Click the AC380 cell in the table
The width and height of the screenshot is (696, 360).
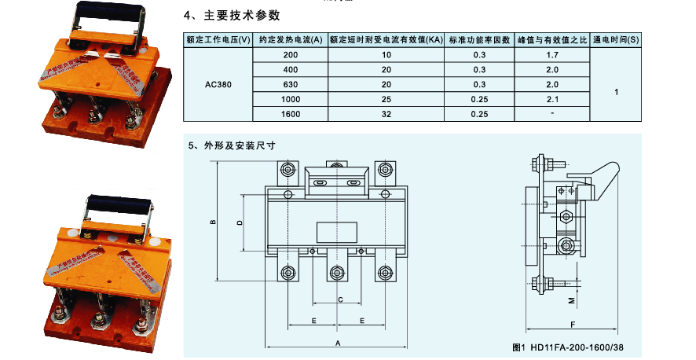pyautogui.click(x=217, y=84)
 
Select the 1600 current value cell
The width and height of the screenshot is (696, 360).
pyautogui.click(x=290, y=114)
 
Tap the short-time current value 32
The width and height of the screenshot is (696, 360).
pyautogui.click(x=386, y=114)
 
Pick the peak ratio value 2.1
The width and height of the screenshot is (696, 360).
pyautogui.click(x=551, y=99)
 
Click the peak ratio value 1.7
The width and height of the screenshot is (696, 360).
pyautogui.click(x=551, y=55)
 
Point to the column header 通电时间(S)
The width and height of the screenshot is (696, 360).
pyautogui.click(x=616, y=39)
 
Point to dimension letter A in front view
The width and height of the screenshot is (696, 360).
pyautogui.click(x=337, y=343)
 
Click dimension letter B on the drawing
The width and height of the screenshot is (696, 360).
pyautogui.click(x=213, y=223)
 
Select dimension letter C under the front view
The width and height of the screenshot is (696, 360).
pyautogui.click(x=339, y=299)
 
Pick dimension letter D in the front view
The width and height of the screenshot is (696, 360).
pyautogui.click(x=240, y=222)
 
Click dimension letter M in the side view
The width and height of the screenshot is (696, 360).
pyautogui.click(x=572, y=299)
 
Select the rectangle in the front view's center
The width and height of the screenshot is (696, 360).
pyautogui.click(x=336, y=231)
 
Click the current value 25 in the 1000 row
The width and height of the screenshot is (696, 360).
pyautogui.click(x=386, y=99)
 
